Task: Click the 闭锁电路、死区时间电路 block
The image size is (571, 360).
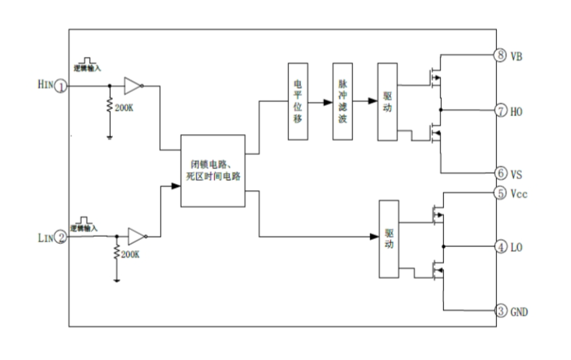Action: tap(213, 171)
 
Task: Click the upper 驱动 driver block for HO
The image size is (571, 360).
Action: tap(388, 101)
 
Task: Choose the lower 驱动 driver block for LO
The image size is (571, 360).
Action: tap(389, 239)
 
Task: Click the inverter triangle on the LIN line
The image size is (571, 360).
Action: tap(135, 235)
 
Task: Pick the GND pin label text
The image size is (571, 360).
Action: tap(520, 311)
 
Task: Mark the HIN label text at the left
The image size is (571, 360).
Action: tap(43, 86)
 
